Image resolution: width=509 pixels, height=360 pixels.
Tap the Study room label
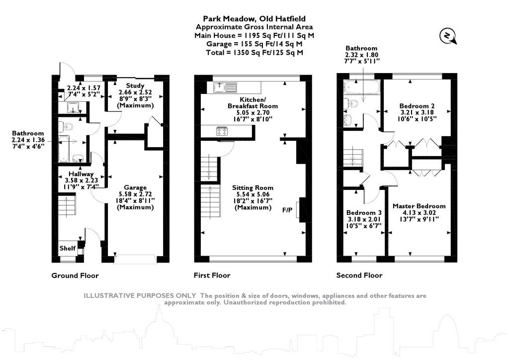[135, 86]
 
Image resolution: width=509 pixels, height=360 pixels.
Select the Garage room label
[135, 187]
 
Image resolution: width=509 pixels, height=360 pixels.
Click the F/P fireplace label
[287, 210]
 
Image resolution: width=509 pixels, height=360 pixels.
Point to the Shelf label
[67, 248]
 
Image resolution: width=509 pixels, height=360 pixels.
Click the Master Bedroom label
[419, 206]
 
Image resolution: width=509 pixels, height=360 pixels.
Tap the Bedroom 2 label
[417, 106]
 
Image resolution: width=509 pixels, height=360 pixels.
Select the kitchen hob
[222, 131]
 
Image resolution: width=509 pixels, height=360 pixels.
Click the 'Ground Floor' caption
[75, 275]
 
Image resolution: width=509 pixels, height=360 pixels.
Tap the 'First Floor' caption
[212, 275]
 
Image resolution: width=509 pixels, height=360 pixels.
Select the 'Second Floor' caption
[359, 275]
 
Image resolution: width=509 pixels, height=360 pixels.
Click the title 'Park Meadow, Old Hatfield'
[254, 19]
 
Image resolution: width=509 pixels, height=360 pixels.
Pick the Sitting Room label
[253, 187]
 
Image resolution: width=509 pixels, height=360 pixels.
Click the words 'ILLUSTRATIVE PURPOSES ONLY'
[140, 296]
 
